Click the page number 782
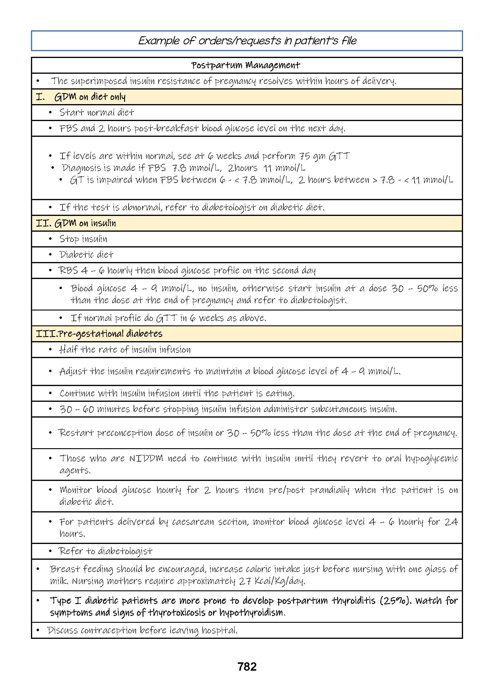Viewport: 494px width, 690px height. point(247,667)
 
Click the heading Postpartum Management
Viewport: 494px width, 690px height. point(246,65)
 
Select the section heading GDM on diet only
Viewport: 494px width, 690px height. point(90,97)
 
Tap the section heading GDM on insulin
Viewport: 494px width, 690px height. point(85,223)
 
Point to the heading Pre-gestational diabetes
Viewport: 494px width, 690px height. point(110,334)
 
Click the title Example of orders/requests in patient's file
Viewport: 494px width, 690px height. point(247,40)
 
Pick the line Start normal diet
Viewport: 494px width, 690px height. point(96,112)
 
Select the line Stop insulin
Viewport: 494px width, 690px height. point(83,239)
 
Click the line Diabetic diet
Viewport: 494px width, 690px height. point(86,254)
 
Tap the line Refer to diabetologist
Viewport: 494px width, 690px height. point(105,551)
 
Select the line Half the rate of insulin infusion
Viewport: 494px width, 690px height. point(125,349)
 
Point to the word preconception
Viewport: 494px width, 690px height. point(125,433)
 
